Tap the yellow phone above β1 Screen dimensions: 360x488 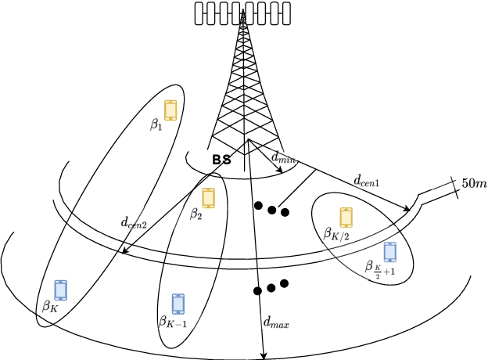[170, 110]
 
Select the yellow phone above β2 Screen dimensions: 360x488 [208, 197]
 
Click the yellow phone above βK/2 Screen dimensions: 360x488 [346, 217]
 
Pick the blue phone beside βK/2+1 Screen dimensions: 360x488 [389, 252]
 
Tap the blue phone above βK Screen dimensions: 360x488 [60, 290]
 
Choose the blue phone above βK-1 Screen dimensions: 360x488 [178, 304]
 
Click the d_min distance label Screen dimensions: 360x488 [283, 157]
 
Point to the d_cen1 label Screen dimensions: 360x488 [366, 181]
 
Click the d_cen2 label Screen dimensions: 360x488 [133, 222]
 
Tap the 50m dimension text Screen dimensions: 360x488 [474, 184]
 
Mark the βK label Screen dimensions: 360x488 [50, 307]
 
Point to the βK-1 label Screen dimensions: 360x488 [173, 320]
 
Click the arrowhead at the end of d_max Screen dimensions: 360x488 [264, 356]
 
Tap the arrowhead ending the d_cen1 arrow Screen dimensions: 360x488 [408, 209]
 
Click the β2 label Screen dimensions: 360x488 [196, 212]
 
